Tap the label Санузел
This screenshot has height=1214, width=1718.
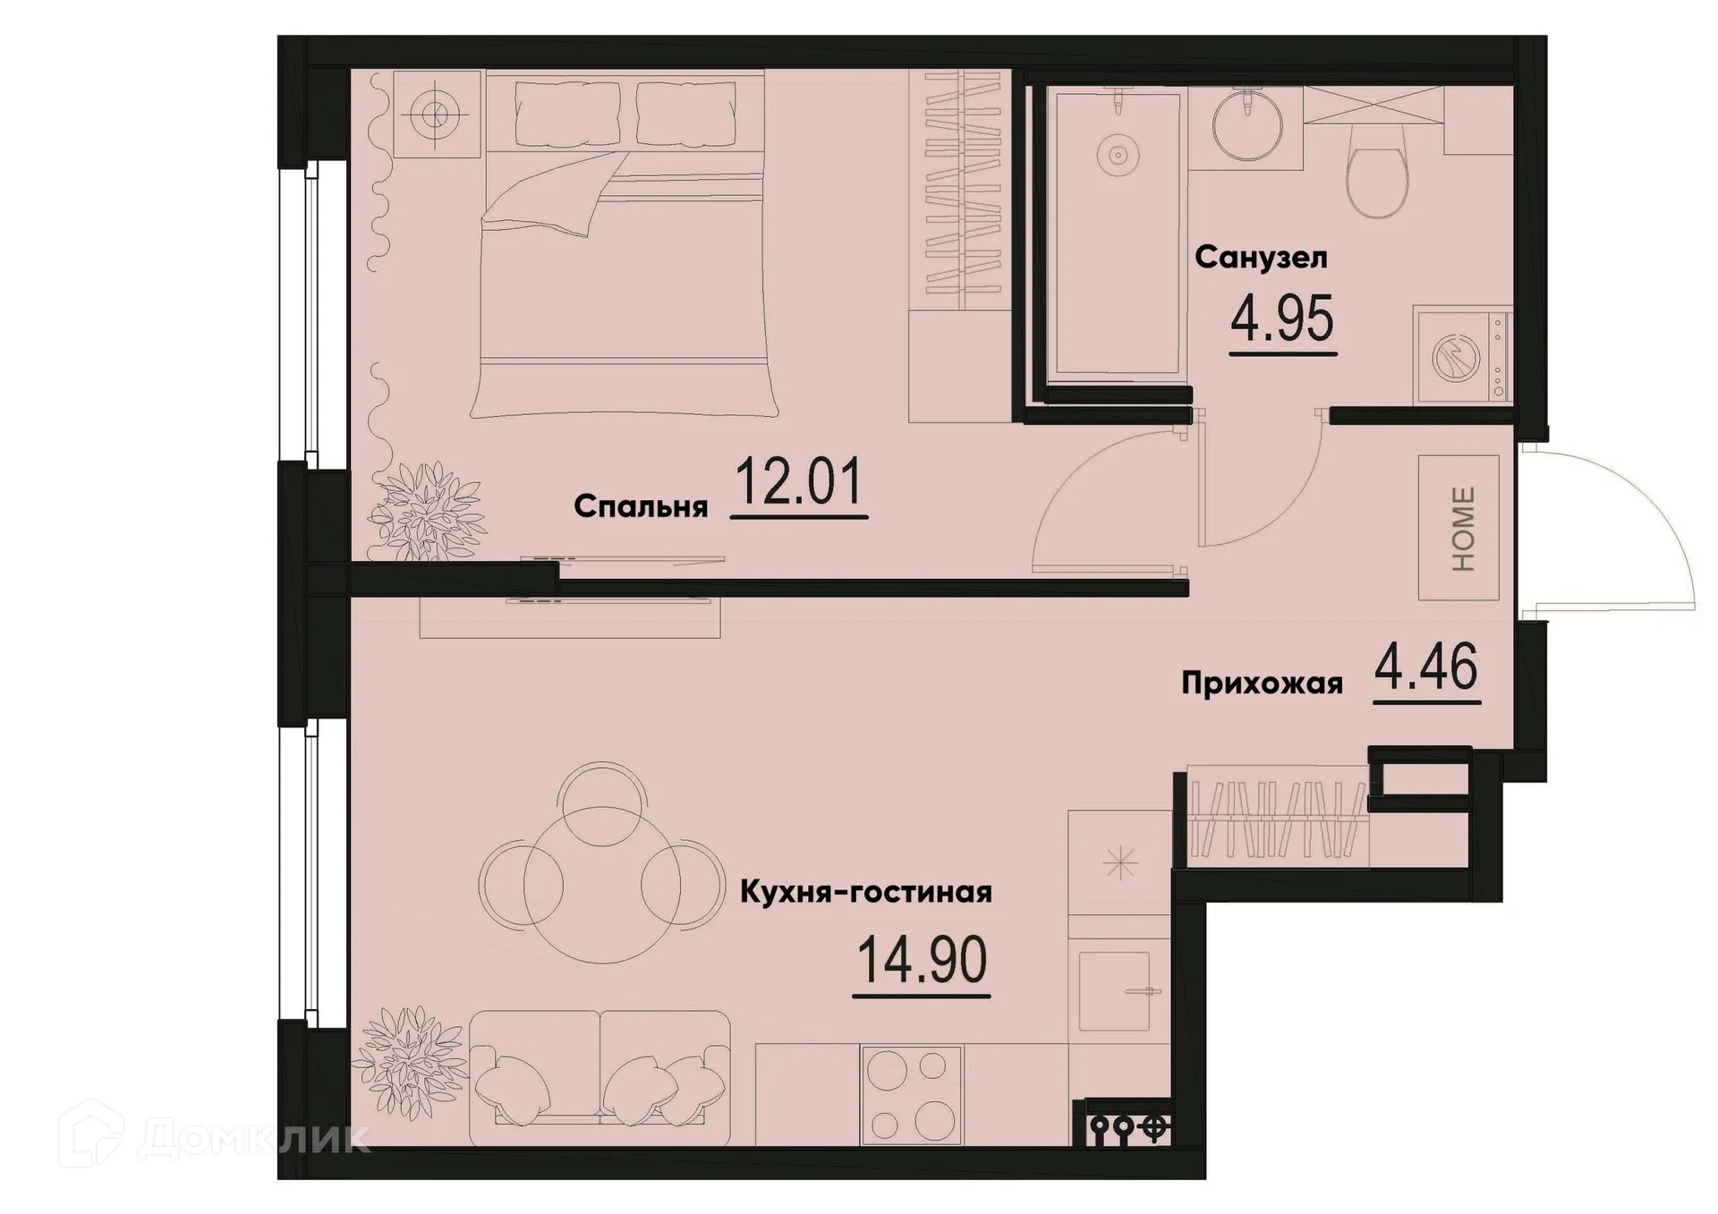click(x=1260, y=258)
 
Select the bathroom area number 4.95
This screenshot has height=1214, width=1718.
click(x=1282, y=320)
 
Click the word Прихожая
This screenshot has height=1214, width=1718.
click(x=1262, y=683)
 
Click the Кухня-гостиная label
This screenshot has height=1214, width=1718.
click(x=865, y=892)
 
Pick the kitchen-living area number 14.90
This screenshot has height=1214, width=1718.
click(x=922, y=959)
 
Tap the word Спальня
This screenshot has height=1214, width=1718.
click(x=640, y=506)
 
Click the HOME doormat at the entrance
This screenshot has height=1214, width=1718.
click(x=1459, y=528)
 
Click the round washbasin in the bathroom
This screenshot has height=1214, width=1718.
click(x=1246, y=125)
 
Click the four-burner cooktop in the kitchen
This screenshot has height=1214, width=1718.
click(x=911, y=1096)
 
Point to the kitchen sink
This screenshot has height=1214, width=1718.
click(x=1114, y=991)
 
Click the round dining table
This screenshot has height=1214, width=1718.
click(x=601, y=884)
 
